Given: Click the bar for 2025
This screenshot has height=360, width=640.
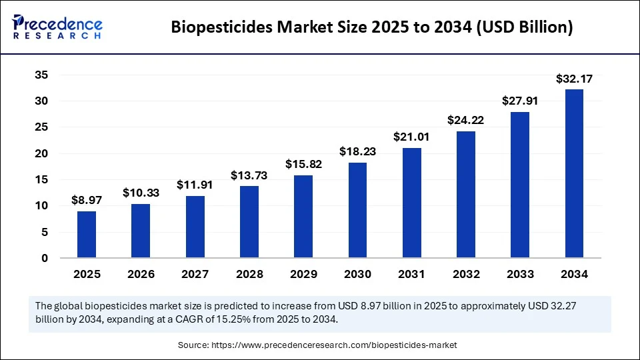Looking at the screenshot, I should [87, 235].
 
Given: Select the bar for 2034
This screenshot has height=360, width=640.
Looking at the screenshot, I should [574, 173].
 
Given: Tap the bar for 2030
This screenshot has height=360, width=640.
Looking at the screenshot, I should [357, 210].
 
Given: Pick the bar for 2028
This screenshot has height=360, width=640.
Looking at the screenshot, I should [249, 222].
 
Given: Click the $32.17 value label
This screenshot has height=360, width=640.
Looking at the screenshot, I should [574, 79].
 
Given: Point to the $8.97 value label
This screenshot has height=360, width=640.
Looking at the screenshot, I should [87, 200].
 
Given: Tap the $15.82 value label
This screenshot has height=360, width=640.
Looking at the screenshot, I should [303, 164].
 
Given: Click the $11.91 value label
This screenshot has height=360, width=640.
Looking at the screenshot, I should [195, 185].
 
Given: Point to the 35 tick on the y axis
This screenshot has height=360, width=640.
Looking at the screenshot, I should [41, 75].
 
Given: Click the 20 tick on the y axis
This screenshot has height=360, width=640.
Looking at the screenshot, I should [41, 153].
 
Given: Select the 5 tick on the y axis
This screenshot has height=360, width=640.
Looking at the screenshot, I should [44, 232].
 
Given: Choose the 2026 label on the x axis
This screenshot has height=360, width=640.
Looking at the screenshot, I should [141, 274].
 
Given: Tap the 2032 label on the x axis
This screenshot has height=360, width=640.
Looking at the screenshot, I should [466, 274].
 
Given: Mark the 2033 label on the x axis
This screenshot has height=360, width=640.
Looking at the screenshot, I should [520, 274].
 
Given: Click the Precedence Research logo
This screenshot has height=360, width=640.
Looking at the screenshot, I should [57, 27].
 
